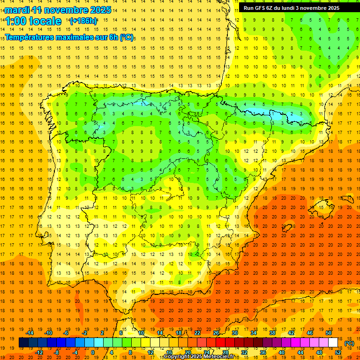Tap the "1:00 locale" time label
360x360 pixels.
point(33,21)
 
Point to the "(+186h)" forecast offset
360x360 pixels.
point(83,21)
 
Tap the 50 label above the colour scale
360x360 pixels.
point(329,333)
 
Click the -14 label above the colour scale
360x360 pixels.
point(30,333)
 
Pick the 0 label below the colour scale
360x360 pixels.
point(93,352)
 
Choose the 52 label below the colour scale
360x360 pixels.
point(337,352)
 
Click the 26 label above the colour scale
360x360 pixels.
point(216,333)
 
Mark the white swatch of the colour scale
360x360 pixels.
point(333,343)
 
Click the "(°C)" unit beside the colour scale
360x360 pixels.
point(349,343)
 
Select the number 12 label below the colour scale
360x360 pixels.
point(150,352)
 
